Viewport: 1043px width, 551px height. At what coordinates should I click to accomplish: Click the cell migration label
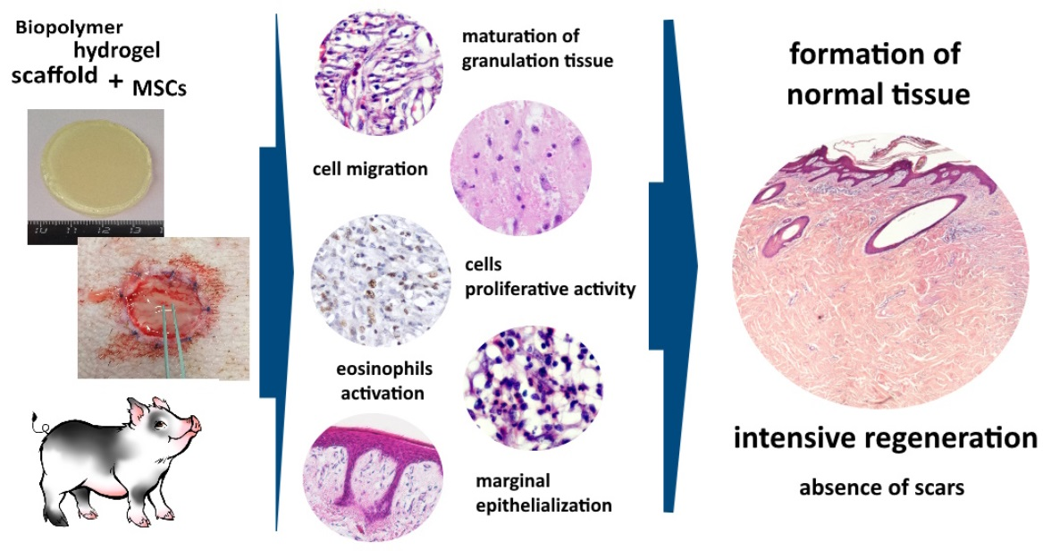(x=370, y=168)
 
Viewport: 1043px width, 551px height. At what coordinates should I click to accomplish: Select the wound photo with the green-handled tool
(x=163, y=307)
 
